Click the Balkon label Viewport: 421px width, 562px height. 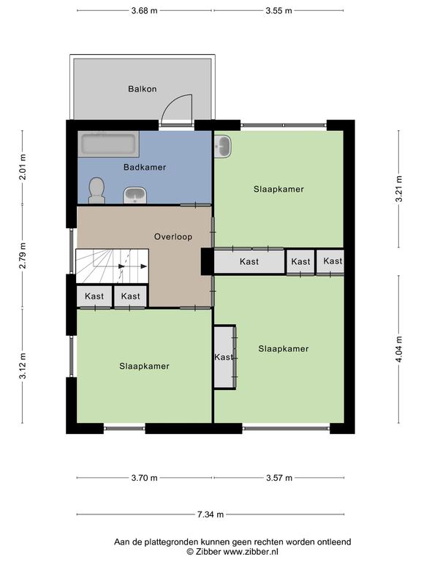[x=142, y=89]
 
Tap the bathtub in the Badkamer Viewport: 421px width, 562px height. [x=108, y=144]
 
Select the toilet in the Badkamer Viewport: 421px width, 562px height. [x=96, y=190]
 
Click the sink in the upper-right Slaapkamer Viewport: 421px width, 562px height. [x=223, y=146]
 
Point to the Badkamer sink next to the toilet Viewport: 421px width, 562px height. [x=135, y=195]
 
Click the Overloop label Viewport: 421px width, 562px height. [x=173, y=236]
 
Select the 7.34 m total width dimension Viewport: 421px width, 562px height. [x=210, y=514]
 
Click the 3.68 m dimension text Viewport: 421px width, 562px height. [x=144, y=11]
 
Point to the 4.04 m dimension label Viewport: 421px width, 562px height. [x=399, y=349]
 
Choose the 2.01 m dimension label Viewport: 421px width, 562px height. [x=22, y=167]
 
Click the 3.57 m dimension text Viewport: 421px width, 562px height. [x=279, y=478]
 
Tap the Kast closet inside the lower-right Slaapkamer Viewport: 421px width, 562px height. [x=225, y=356]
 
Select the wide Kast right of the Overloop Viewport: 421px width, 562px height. [x=249, y=262]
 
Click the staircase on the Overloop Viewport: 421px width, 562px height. [x=112, y=266]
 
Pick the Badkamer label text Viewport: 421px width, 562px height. [x=145, y=167]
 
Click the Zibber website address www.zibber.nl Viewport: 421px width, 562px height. [x=250, y=552]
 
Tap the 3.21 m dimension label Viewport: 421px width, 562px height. [x=399, y=189]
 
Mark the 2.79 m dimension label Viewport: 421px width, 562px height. [x=22, y=255]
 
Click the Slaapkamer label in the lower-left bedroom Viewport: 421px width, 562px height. [x=144, y=366]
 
